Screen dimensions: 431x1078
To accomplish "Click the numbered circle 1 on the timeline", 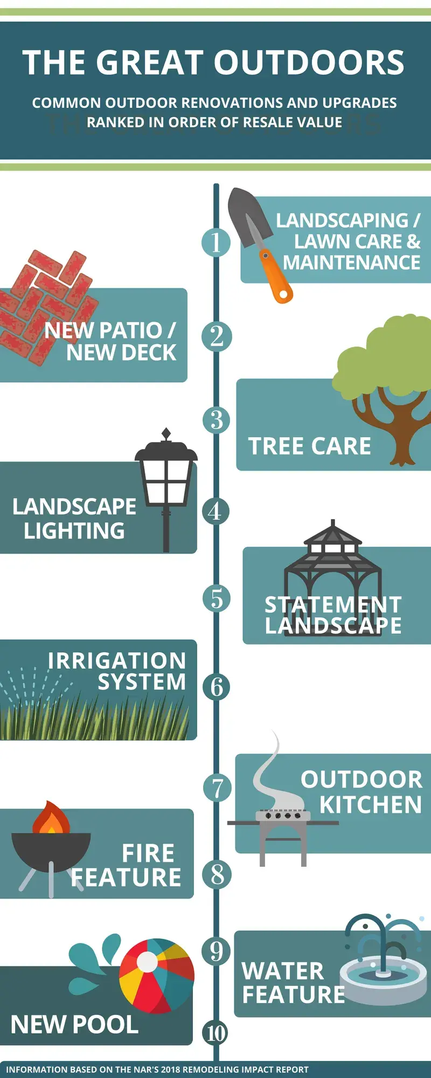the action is point(216,242).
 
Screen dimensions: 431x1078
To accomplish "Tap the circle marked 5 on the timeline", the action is point(217,598).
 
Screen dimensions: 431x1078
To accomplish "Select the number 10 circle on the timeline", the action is point(216,1033).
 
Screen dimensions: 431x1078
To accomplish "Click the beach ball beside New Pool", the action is point(156,976).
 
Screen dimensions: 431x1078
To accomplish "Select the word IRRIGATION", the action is point(117,661).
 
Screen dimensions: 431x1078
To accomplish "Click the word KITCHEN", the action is point(371,805).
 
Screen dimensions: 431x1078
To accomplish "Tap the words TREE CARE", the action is point(309,446).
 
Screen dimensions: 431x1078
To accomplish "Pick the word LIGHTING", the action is point(74,531).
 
